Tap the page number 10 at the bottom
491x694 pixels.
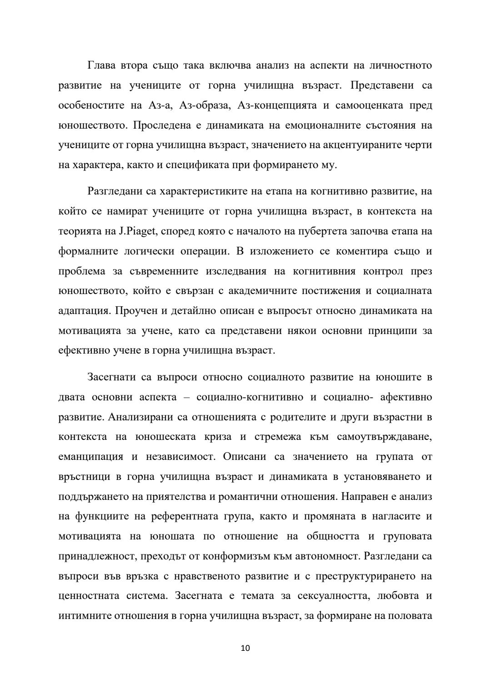tap(245, 648)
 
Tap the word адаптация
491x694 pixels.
tap(84, 311)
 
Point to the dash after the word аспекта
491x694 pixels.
tap(186, 397)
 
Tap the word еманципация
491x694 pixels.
tap(91, 457)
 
